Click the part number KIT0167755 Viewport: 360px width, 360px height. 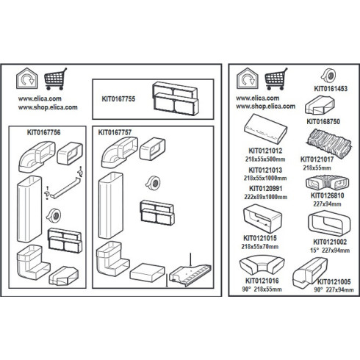[118, 99]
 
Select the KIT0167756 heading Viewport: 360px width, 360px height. [43, 132]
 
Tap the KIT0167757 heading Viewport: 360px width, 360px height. [115, 132]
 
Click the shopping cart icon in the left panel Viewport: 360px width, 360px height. [56, 79]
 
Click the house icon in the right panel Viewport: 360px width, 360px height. [248, 79]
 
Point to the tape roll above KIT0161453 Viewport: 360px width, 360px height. [328, 76]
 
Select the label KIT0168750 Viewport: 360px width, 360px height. [323, 121]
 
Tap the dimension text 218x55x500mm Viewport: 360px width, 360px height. [265, 159]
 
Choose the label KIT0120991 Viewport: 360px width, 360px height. [266, 189]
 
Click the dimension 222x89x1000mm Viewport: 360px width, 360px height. [266, 197]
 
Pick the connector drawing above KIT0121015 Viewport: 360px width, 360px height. [262, 219]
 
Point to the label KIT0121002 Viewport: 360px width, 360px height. [330, 242]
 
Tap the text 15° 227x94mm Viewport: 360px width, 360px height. [330, 251]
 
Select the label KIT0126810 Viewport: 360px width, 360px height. [328, 195]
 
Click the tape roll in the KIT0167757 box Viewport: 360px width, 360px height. [153, 183]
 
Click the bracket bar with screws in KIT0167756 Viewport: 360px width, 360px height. [65, 184]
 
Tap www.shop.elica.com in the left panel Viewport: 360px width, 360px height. [48, 107]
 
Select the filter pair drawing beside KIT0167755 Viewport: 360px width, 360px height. [176, 98]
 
